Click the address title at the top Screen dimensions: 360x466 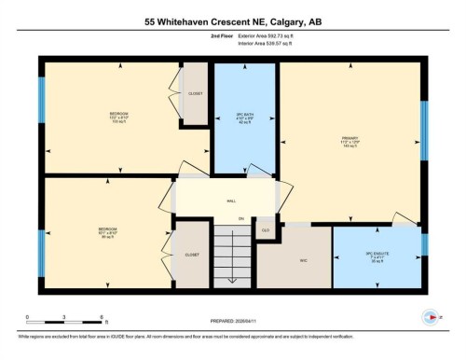coord(233,21)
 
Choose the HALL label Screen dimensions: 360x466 coord(230,201)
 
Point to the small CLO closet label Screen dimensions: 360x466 coord(266,229)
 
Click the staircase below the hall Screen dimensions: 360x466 coord(231,256)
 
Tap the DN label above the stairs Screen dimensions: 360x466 coord(240,219)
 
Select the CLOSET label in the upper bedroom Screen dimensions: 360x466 coord(196,94)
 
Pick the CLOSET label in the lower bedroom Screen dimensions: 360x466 coord(193,254)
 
